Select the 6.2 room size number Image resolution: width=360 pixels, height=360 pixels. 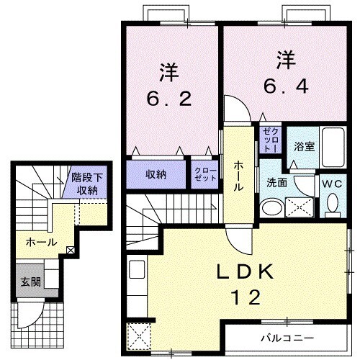tap(169, 99)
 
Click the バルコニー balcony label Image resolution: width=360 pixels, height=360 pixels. tap(287, 337)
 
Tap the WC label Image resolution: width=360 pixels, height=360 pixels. tap(332, 184)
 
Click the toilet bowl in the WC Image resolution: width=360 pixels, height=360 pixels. tap(332, 204)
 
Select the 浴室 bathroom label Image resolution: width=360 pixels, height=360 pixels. tap(304, 146)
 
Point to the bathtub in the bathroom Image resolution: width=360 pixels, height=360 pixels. tap(334, 148)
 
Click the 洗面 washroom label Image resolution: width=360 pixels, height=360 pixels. tap(277, 183)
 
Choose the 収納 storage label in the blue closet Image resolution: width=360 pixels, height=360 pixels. tap(156, 174)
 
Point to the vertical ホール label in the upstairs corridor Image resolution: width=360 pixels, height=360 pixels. tap(237, 175)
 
